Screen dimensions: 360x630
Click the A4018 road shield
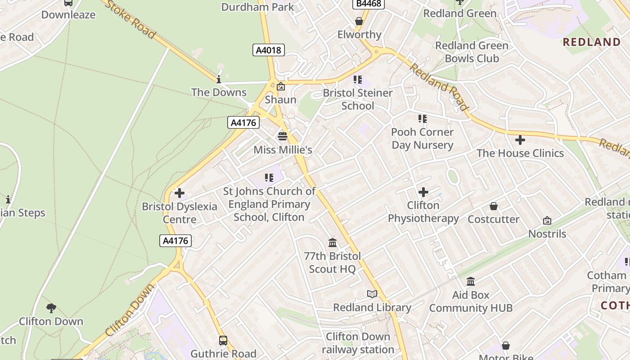coord(269,50)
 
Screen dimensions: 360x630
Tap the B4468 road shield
coord(368,4)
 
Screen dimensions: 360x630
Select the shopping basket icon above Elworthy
coord(359,21)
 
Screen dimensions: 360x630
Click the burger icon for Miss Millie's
coord(283,136)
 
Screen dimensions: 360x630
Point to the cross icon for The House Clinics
coord(520,140)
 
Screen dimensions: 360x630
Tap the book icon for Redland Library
coord(372,294)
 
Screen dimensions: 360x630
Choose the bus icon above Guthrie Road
coord(223,340)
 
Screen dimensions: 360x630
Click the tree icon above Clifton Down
coord(51,308)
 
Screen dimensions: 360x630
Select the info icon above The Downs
coord(219,79)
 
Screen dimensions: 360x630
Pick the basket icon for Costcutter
coord(494,206)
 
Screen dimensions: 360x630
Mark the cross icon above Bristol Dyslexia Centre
coord(180,193)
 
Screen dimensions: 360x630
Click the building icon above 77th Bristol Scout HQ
coord(333,243)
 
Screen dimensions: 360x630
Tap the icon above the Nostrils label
coord(547,220)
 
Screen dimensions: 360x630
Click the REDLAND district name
coord(592,42)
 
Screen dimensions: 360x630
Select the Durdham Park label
coord(257,7)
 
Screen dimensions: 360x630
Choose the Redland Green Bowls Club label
coord(472,52)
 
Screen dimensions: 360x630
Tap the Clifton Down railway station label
coord(358,343)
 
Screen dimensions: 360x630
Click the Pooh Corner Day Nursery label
coord(422,138)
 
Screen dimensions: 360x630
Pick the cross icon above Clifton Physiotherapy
coord(423,192)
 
